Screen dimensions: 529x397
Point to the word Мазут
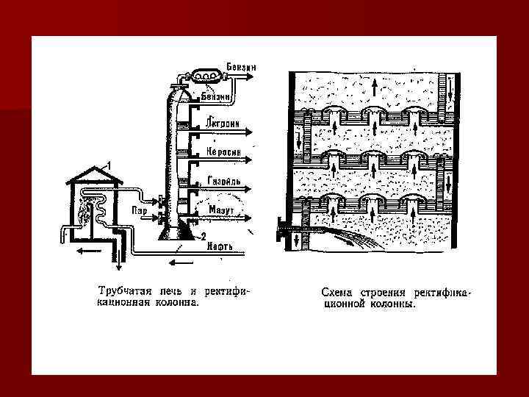pyautogui.click(x=221, y=210)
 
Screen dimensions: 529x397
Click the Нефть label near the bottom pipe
pyautogui.click(x=220, y=246)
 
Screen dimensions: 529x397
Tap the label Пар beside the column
pyautogui.click(x=140, y=210)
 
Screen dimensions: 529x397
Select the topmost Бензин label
pyautogui.click(x=242, y=66)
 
